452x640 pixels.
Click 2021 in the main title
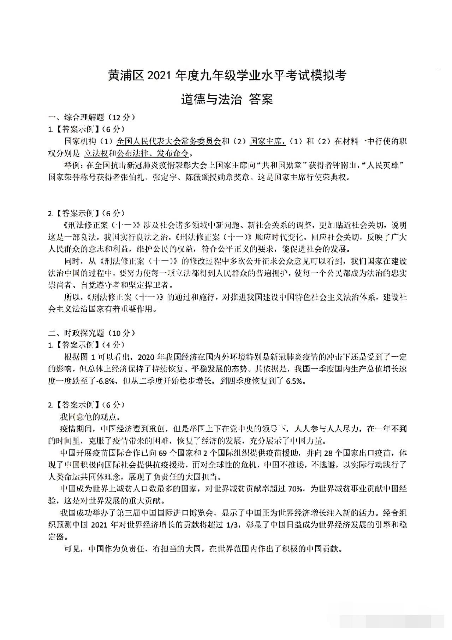(x=159, y=76)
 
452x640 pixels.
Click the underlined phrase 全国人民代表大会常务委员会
(x=168, y=141)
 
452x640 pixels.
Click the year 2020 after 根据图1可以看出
(x=145, y=357)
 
